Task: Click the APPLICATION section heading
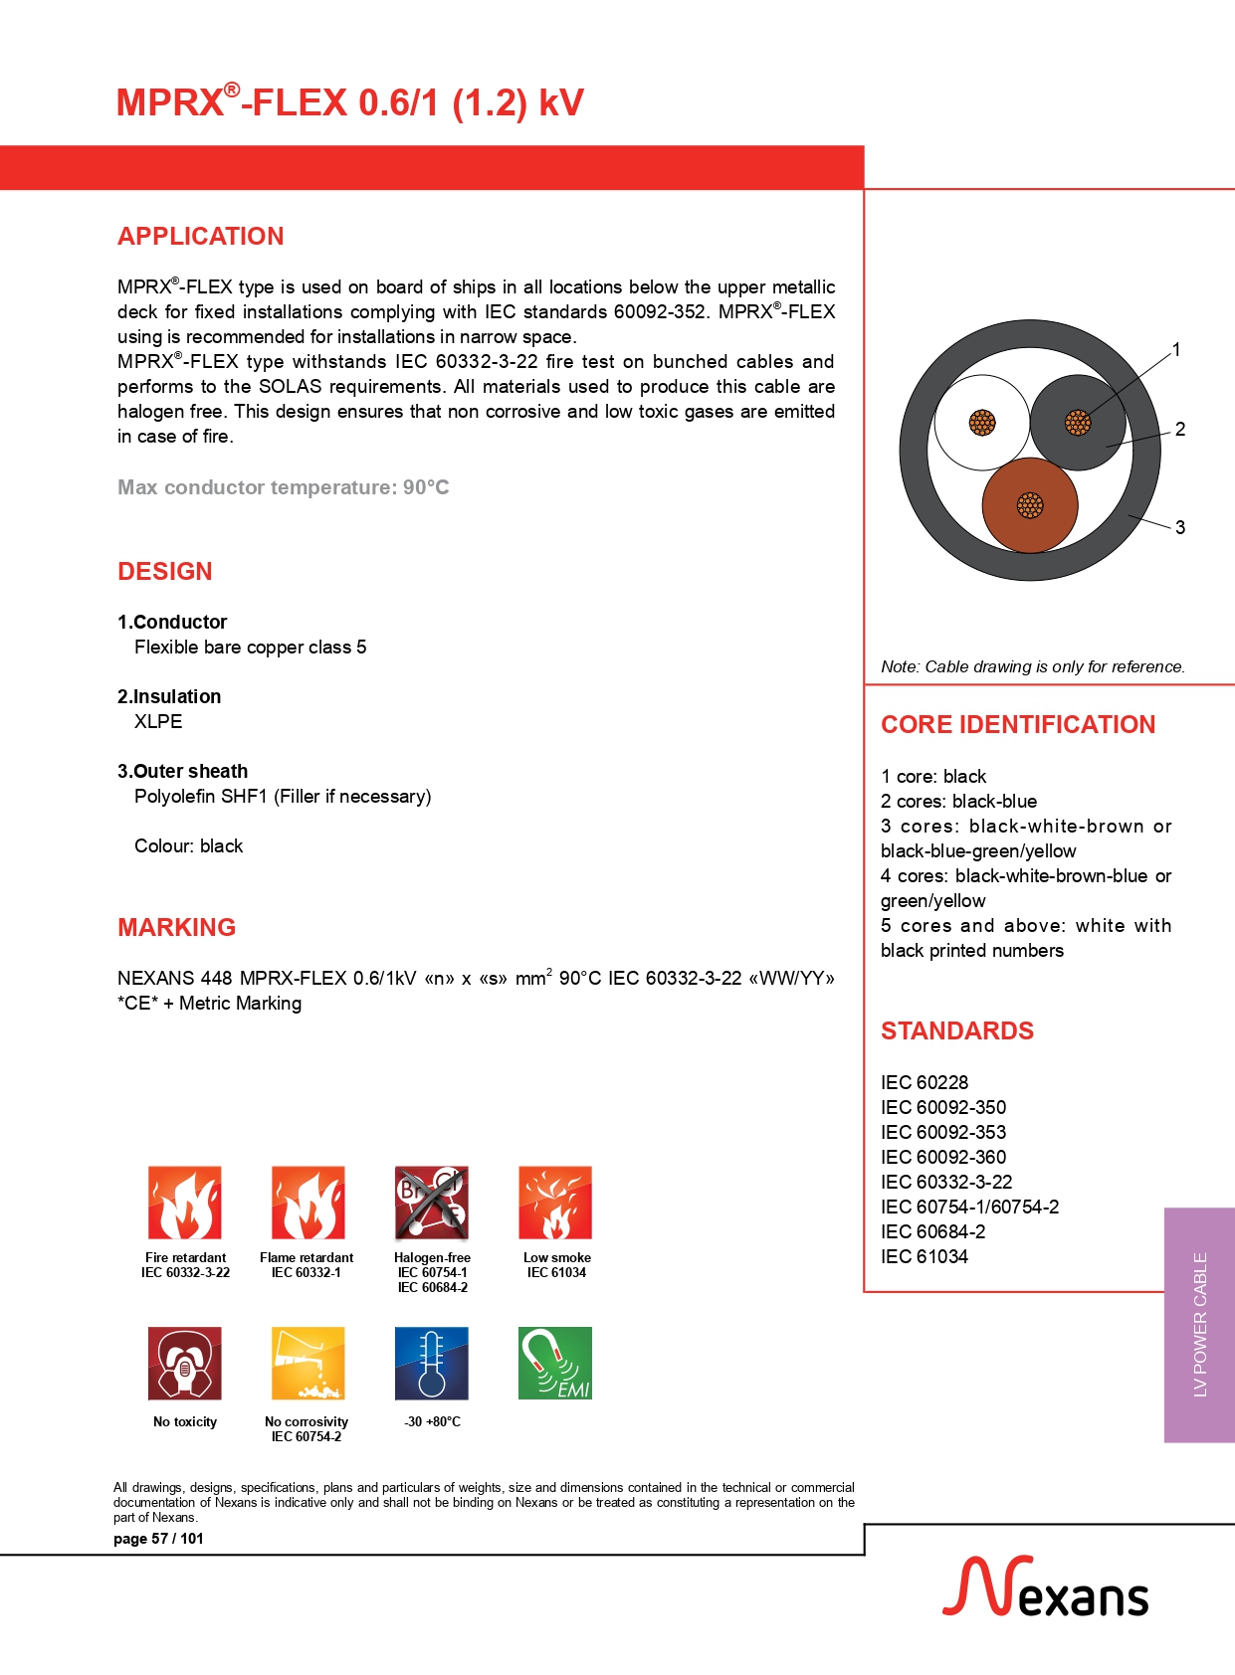click(x=200, y=236)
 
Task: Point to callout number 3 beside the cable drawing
click(x=1180, y=527)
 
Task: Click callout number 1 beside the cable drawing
click(x=1176, y=349)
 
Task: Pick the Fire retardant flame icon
click(x=185, y=1203)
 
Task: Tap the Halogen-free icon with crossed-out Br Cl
click(x=431, y=1203)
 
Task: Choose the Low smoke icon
click(x=555, y=1203)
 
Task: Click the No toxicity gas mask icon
click(x=185, y=1363)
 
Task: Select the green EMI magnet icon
click(x=555, y=1363)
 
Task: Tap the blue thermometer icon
click(x=431, y=1363)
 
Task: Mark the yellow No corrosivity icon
click(x=308, y=1363)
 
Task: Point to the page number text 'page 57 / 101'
click(x=158, y=1539)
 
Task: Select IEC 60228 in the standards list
click(x=925, y=1082)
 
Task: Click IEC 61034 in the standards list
click(x=925, y=1256)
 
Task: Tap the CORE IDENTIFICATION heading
click(x=1018, y=724)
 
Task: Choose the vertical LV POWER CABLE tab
click(x=1200, y=1324)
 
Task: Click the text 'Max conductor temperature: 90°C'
click(x=284, y=487)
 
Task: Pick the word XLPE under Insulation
click(x=158, y=721)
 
